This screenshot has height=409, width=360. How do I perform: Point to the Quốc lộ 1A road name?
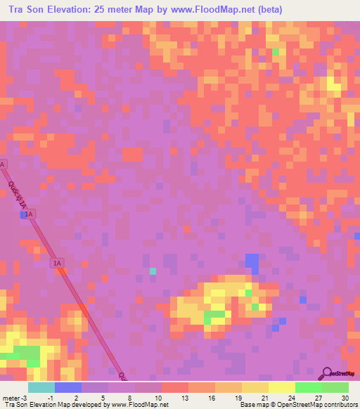tap(18, 193)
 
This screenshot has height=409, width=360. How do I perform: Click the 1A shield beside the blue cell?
tap(32, 213)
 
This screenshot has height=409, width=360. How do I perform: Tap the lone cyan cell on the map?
tap(153, 271)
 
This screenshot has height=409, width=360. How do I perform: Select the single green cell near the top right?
tap(276, 53)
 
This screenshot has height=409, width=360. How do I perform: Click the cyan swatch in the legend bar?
tap(41, 387)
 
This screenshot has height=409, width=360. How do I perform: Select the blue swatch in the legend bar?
tap(68, 387)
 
